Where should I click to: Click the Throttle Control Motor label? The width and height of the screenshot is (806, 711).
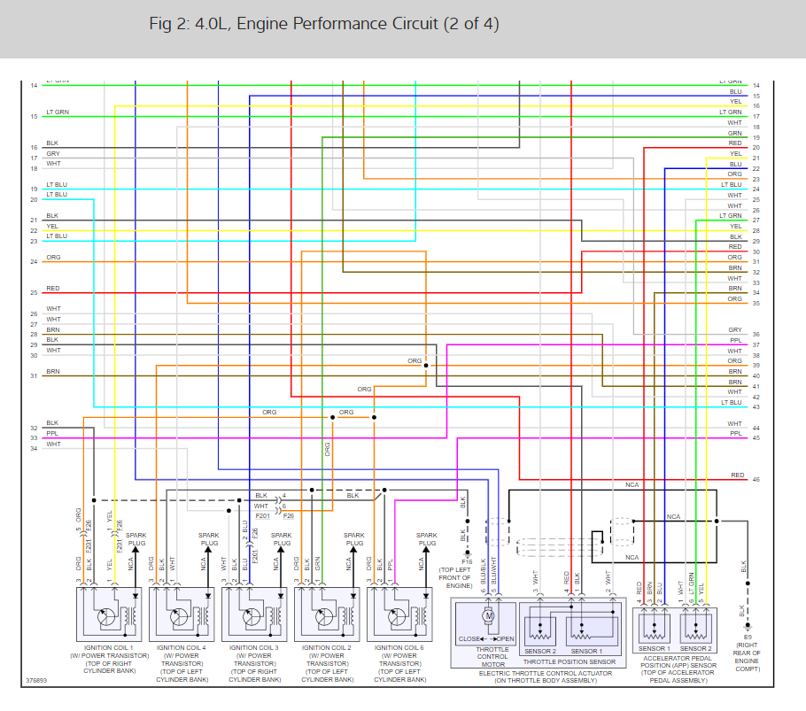pos(492,656)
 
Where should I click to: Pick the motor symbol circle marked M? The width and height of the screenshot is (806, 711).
pos(488,615)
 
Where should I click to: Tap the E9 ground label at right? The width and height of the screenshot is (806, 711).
pos(748,638)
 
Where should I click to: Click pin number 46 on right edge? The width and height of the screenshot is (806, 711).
pos(756,479)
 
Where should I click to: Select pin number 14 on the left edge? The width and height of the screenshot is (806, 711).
pos(34,85)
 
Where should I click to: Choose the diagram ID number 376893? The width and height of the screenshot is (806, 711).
pos(38,681)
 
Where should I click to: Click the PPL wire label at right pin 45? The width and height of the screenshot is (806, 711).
pos(735,434)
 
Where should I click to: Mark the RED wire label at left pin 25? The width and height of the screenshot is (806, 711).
pos(53,289)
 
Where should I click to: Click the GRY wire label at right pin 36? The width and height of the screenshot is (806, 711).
pos(735,330)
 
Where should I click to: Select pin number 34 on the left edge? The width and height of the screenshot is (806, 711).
pos(34,448)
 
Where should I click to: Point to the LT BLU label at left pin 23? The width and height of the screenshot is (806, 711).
pos(57,236)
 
